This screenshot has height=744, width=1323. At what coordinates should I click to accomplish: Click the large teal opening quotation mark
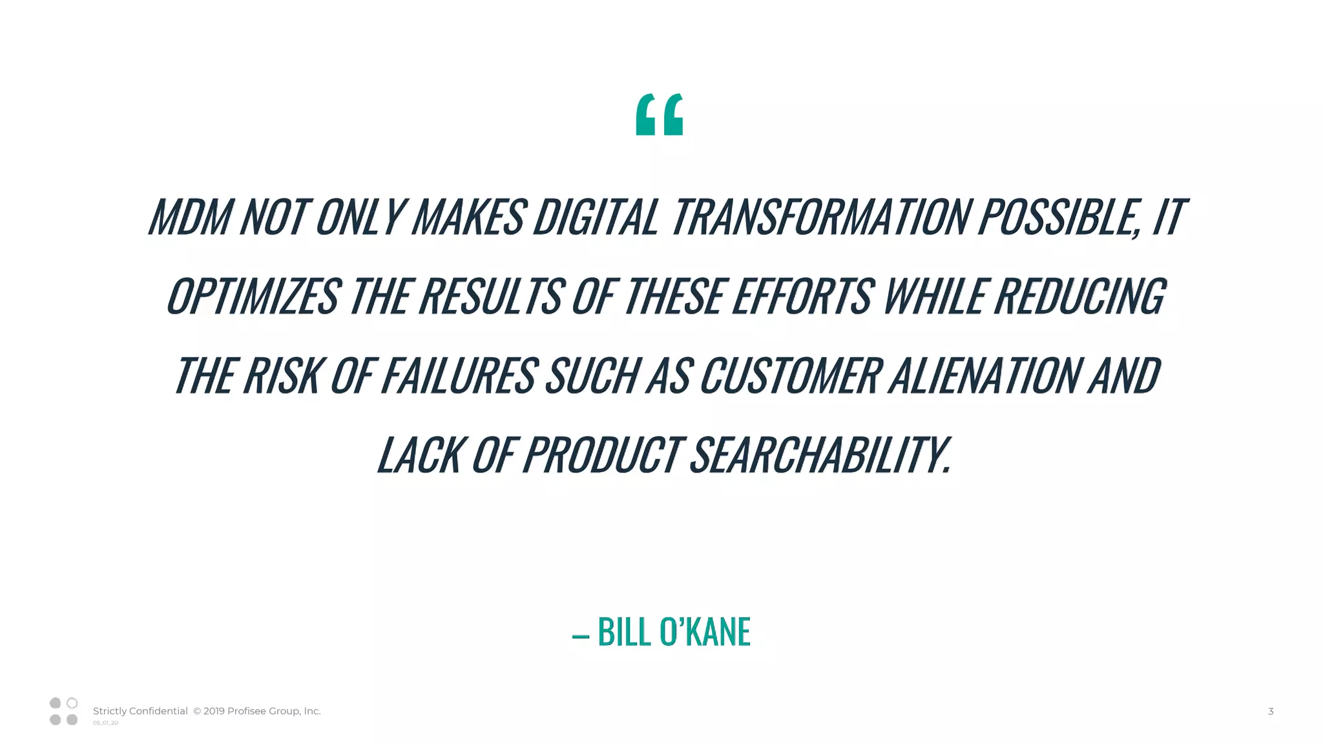point(659,115)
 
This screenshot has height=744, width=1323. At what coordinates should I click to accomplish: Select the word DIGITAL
point(595,216)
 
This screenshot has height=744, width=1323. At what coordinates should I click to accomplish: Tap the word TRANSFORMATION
point(819,216)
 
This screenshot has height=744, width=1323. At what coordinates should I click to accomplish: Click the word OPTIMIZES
point(253,296)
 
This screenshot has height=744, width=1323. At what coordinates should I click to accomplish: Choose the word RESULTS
point(492,296)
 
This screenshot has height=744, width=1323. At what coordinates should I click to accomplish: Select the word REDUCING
point(1079,296)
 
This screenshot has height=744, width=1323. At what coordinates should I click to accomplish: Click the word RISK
point(282,375)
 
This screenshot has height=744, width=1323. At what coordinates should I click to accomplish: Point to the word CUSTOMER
point(790,375)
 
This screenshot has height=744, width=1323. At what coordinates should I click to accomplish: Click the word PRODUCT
point(601,455)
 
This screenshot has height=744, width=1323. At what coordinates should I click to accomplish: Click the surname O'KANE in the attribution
point(705,631)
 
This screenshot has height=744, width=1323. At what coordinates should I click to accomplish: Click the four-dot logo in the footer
point(63,711)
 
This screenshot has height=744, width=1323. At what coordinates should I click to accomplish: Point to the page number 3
point(1270,711)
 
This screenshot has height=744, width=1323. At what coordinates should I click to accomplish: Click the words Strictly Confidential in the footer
point(140,711)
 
